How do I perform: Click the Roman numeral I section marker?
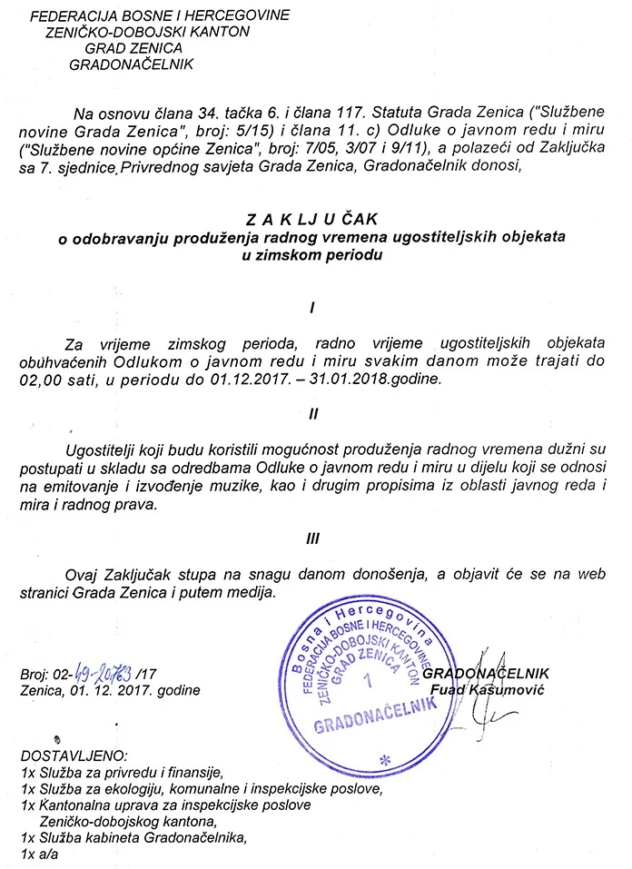click(x=312, y=309)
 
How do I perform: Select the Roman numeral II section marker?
click(x=312, y=413)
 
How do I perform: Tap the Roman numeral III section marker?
click(x=312, y=537)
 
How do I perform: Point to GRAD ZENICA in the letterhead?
click(x=134, y=47)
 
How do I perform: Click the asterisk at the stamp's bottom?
click(x=384, y=759)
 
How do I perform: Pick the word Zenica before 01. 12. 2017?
click(x=38, y=689)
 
